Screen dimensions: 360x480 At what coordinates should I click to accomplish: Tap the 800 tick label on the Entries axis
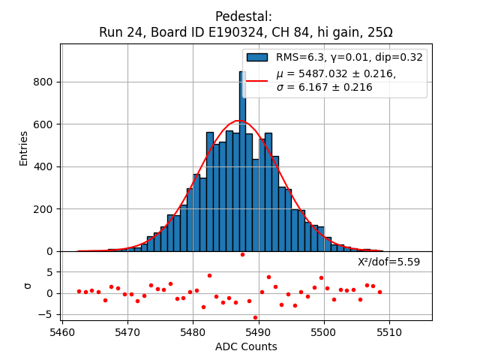coord(43,82)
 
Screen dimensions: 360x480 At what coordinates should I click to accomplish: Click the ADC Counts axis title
coord(246,346)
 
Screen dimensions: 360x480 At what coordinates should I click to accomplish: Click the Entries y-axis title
coord(24,148)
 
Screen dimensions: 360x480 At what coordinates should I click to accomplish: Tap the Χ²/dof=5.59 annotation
coord(388,262)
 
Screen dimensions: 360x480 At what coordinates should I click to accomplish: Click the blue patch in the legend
coord(257,57)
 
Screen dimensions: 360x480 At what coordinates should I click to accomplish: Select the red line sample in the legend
coord(257,80)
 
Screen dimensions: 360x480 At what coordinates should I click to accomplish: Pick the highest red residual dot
coord(242,254)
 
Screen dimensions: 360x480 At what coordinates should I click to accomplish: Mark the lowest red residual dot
coord(255,317)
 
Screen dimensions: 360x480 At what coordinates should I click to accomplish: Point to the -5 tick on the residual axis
coord(60,314)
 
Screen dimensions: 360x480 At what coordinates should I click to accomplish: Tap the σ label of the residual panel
coord(28,286)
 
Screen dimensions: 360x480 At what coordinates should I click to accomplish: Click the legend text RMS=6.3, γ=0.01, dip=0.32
coord(349,57)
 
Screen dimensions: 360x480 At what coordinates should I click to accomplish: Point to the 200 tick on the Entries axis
coord(60,208)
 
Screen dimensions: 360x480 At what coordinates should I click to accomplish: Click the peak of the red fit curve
coord(238,121)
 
